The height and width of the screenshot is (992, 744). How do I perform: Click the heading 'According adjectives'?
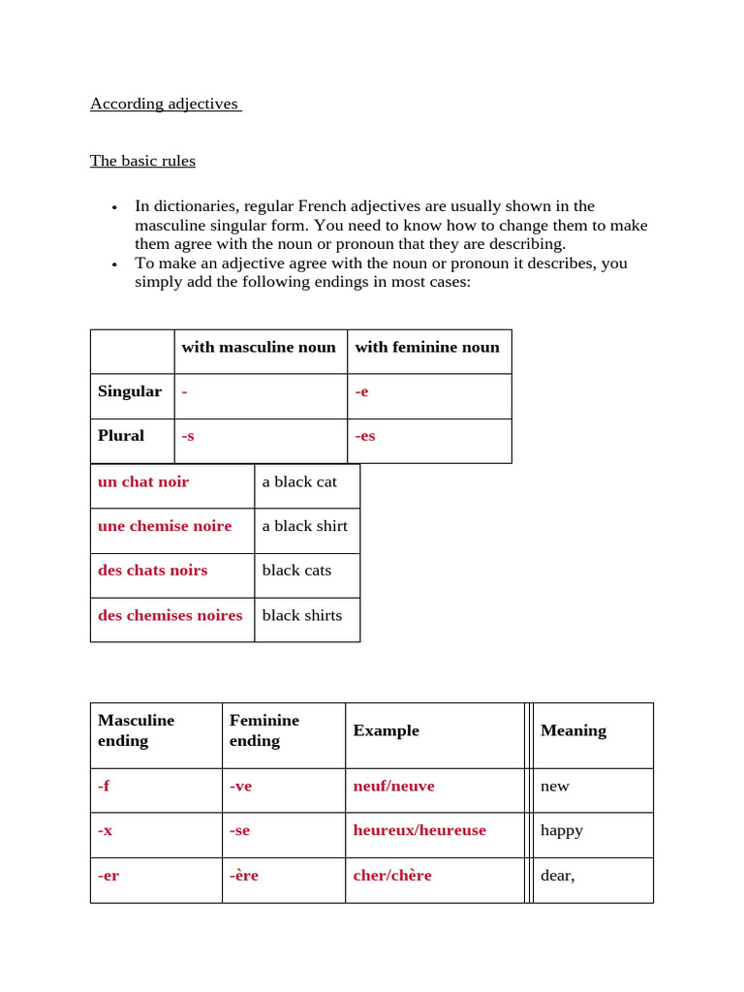[165, 104]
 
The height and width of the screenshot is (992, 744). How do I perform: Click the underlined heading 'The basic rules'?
[142, 161]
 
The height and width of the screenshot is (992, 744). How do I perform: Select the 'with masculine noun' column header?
[259, 347]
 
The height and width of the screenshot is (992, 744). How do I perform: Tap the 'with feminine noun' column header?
[427, 347]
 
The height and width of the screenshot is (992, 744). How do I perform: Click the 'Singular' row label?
[130, 391]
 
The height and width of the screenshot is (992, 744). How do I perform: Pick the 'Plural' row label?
[121, 436]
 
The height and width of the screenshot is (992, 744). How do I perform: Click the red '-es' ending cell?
[365, 436]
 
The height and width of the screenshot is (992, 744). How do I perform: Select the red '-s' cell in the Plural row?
[188, 436]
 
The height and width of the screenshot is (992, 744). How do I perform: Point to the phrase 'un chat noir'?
[143, 481]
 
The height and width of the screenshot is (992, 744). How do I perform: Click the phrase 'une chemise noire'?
[165, 526]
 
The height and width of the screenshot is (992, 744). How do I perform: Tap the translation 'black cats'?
[296, 571]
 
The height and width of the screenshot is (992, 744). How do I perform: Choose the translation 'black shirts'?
[301, 615]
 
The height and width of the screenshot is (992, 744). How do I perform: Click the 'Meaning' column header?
[573, 730]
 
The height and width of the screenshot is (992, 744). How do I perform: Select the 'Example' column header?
[386, 730]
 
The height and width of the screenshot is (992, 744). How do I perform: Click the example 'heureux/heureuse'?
[419, 830]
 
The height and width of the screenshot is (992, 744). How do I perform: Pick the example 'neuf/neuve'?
[393, 786]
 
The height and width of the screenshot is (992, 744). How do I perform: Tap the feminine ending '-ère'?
[244, 875]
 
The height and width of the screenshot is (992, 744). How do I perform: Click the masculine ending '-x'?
[106, 830]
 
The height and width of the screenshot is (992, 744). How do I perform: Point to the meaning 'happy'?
[562, 830]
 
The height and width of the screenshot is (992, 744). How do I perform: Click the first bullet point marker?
[114, 207]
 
